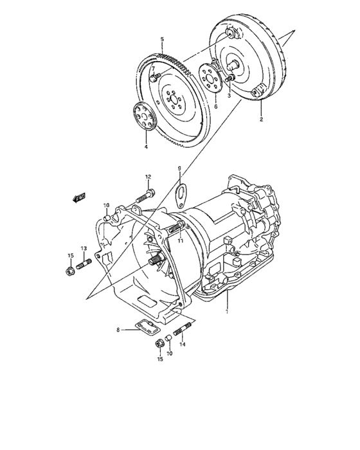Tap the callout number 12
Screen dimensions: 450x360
(148, 177)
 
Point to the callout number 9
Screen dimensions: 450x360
(180, 169)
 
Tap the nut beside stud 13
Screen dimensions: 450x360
(70, 270)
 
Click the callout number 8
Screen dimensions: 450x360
(118, 330)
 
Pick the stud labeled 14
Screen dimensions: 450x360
(180, 335)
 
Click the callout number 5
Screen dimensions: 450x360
(162, 39)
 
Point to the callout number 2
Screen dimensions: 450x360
(261, 120)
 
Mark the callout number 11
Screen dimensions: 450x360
(181, 240)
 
